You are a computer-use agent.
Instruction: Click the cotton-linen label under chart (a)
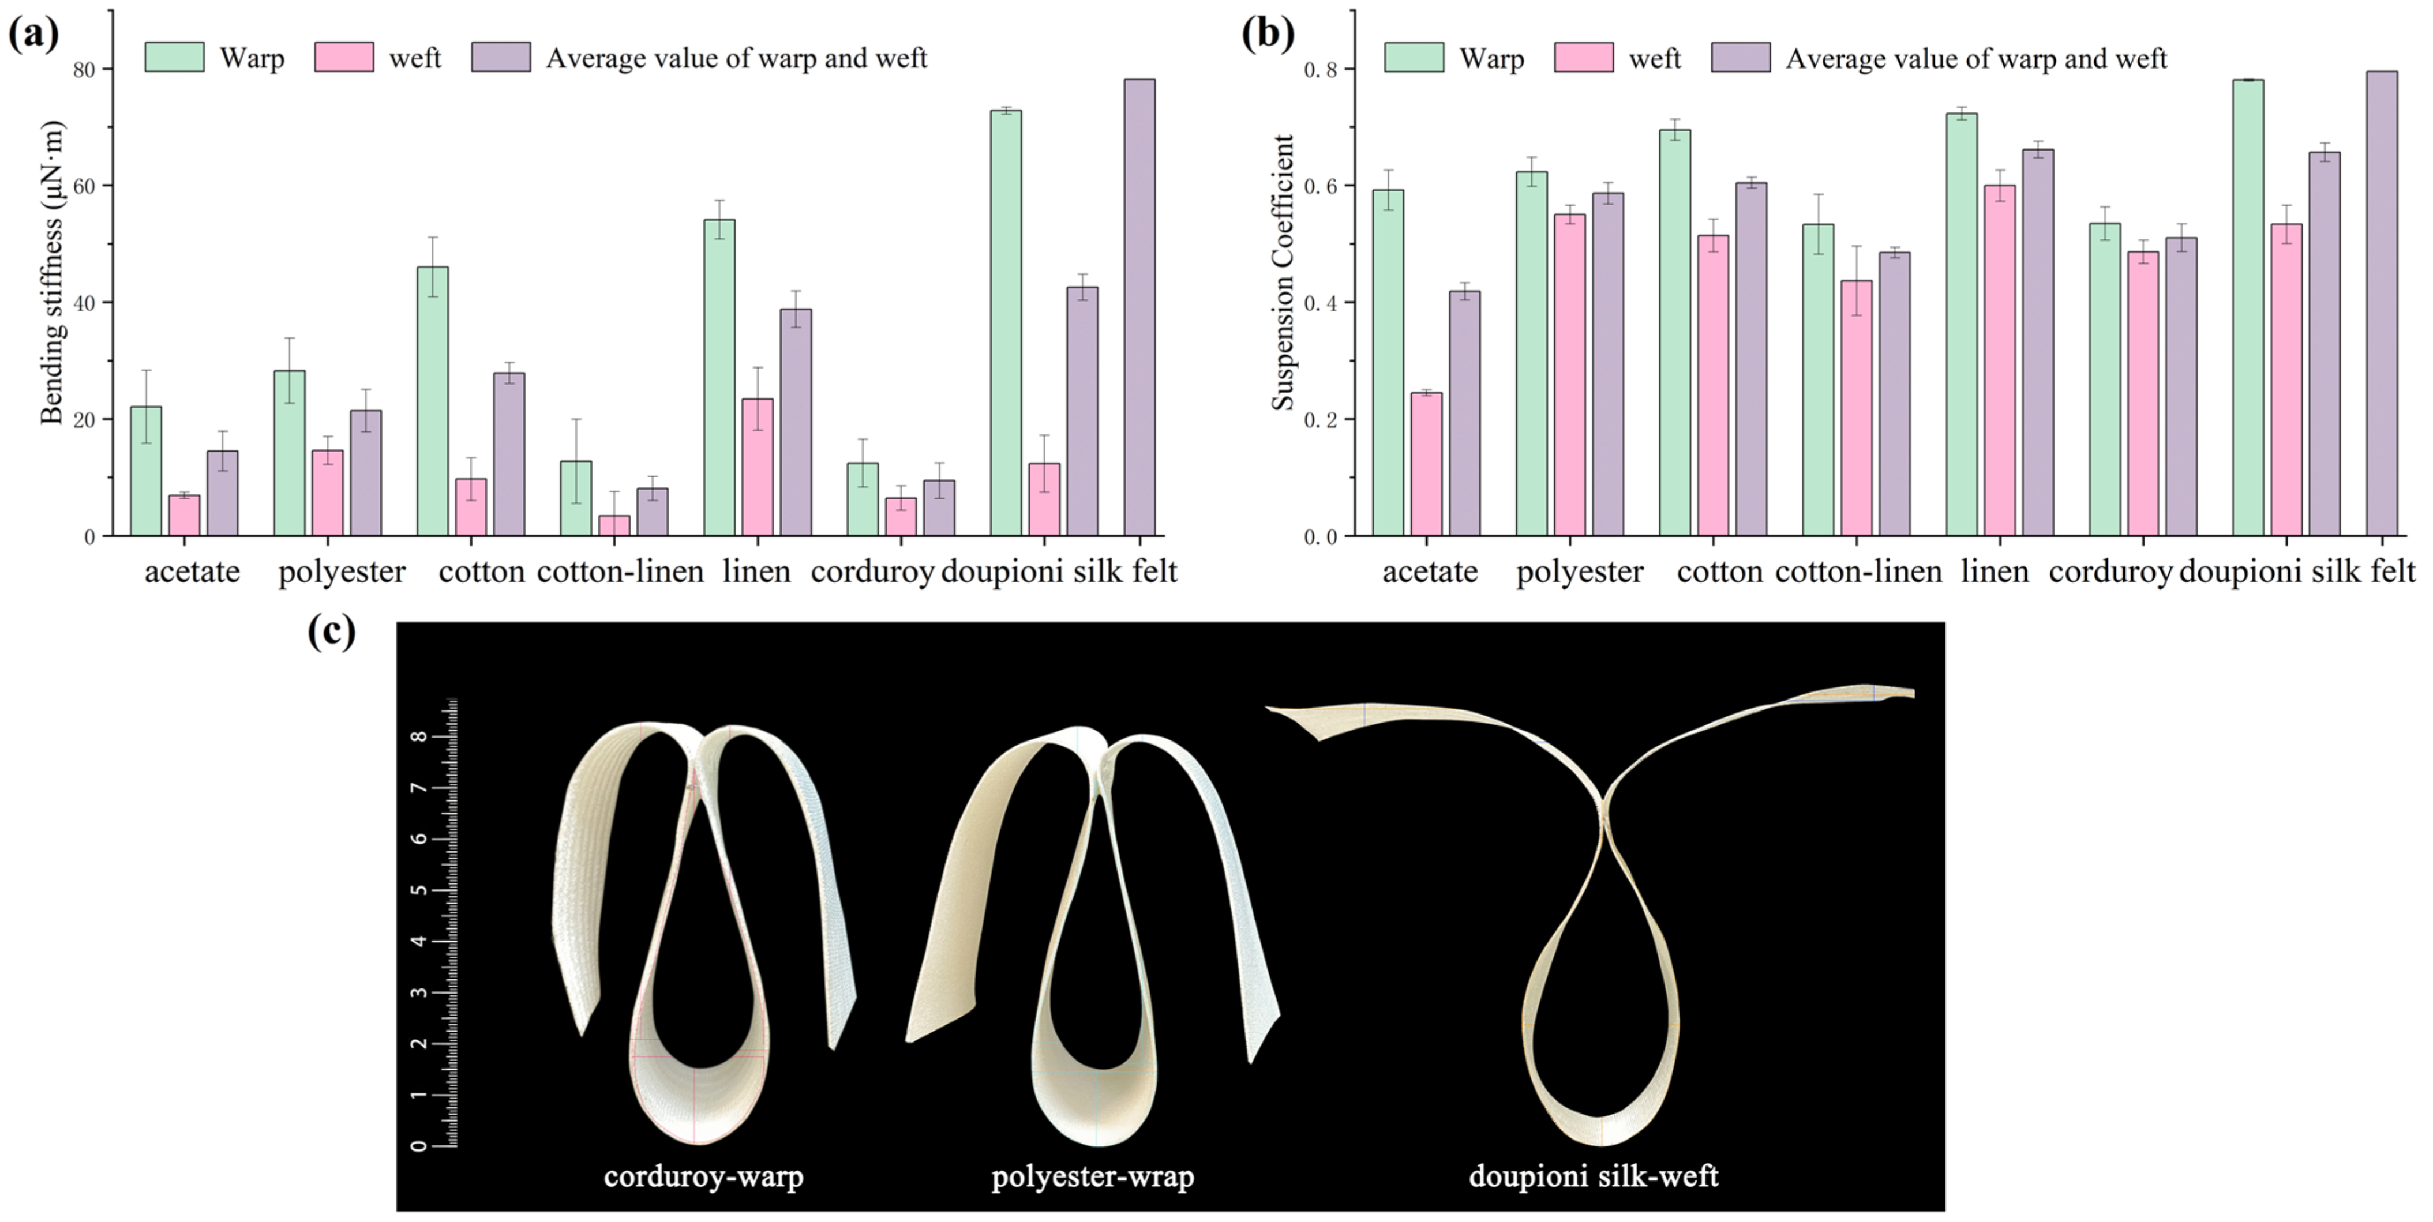pyautogui.click(x=621, y=572)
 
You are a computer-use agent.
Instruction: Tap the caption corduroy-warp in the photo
pyautogui.click(x=704, y=1176)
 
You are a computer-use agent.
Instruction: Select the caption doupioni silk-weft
pyautogui.click(x=1594, y=1176)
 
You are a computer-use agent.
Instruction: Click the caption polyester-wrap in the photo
pyautogui.click(x=1093, y=1176)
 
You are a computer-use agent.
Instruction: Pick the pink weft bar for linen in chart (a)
pyautogui.click(x=758, y=468)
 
